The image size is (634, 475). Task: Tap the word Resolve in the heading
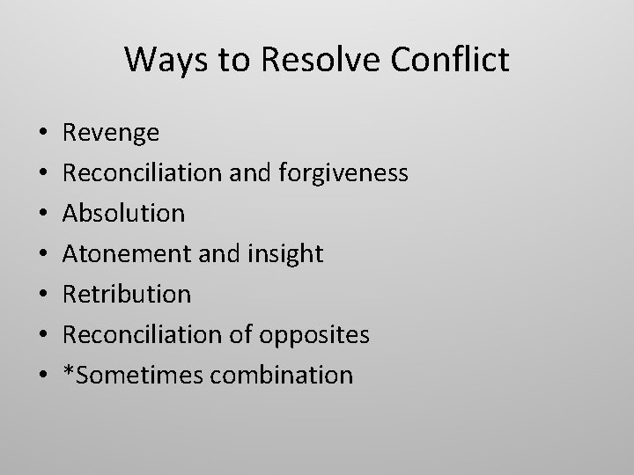(x=304, y=60)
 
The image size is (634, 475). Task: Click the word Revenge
(x=111, y=133)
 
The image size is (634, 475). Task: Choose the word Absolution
(x=124, y=213)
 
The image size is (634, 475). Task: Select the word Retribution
(x=127, y=294)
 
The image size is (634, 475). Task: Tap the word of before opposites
(x=241, y=334)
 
